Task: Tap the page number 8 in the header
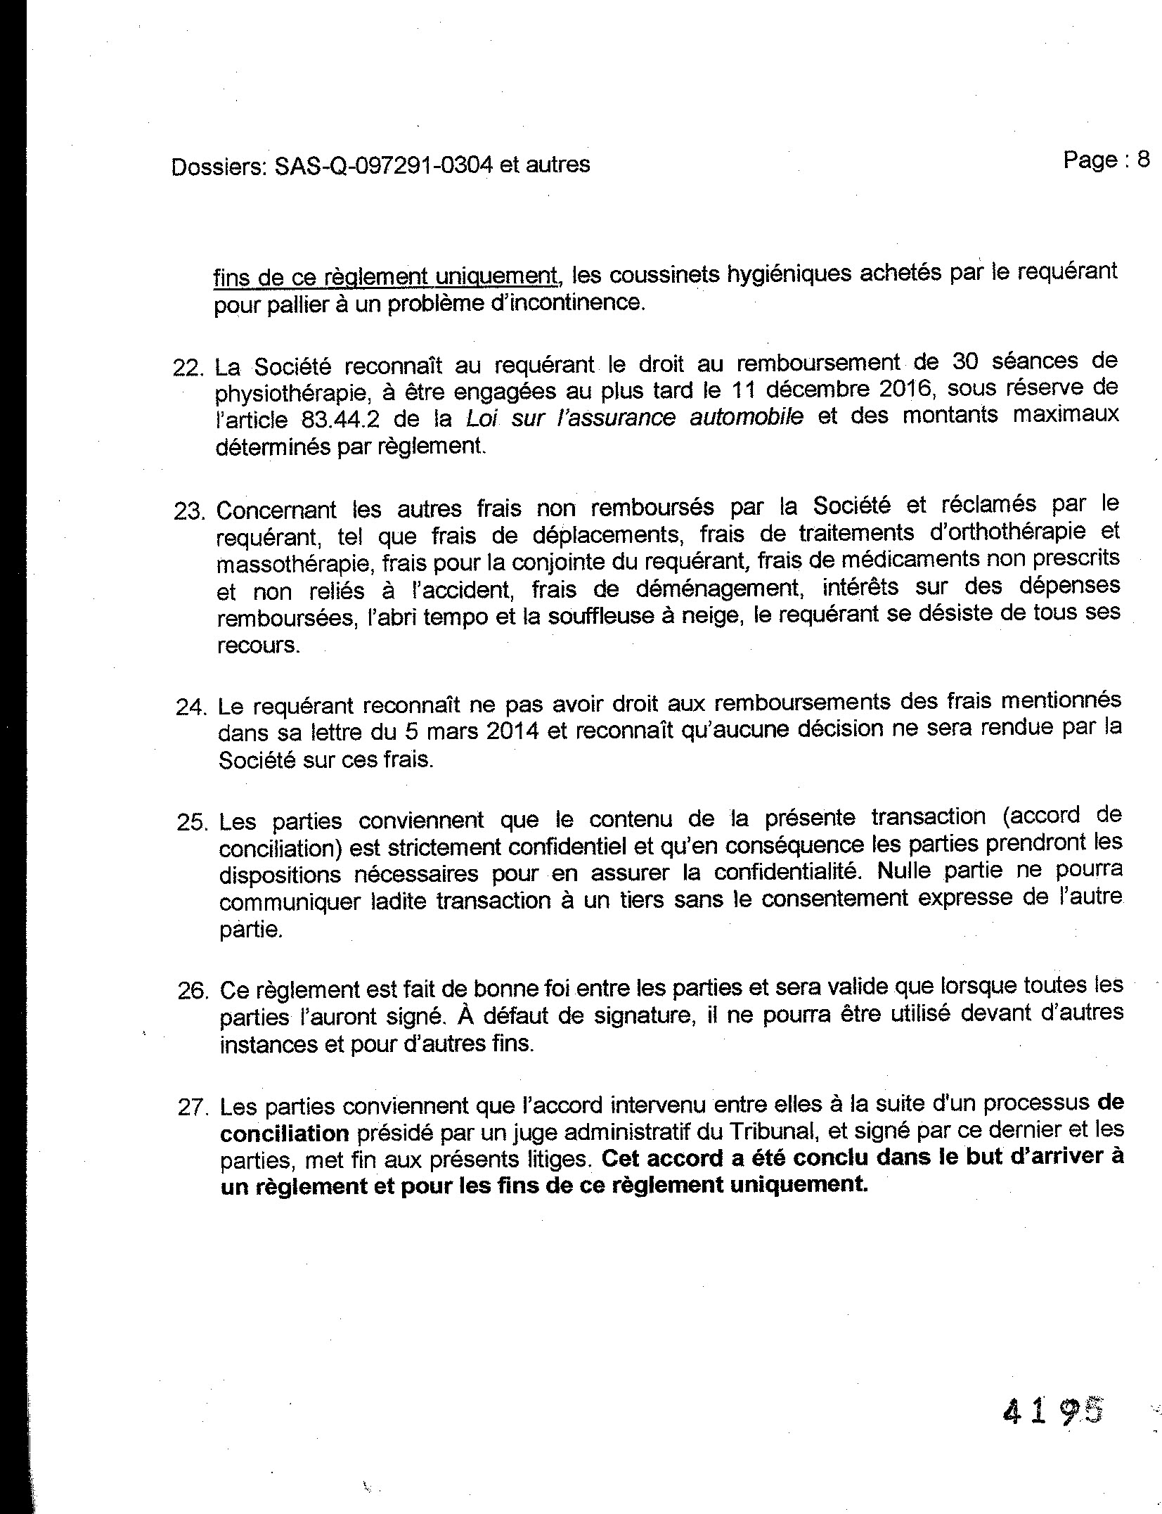[x=1143, y=160]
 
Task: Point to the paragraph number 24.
[x=189, y=706]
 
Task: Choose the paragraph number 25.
[x=190, y=822]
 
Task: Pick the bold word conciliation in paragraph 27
[x=284, y=1134]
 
